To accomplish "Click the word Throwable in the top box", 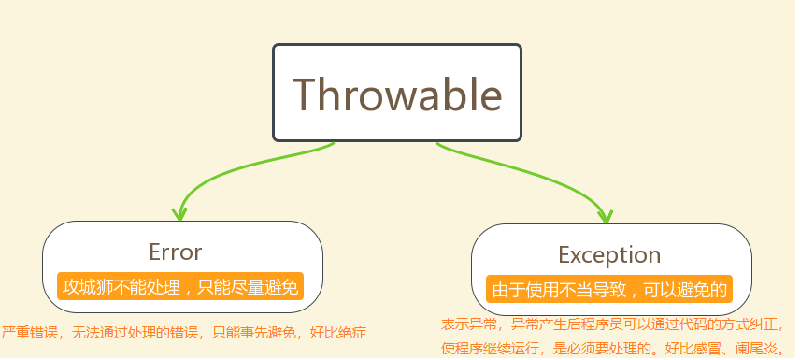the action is tap(397, 94).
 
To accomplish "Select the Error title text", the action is tap(176, 252).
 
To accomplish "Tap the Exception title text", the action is tap(609, 255).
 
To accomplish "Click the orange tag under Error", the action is tap(180, 287).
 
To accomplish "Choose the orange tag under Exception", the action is tap(609, 290).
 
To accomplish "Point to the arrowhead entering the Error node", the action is tap(179, 214).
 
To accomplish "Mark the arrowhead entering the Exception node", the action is tap(605, 217).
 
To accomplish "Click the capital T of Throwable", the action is tap(306, 94).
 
